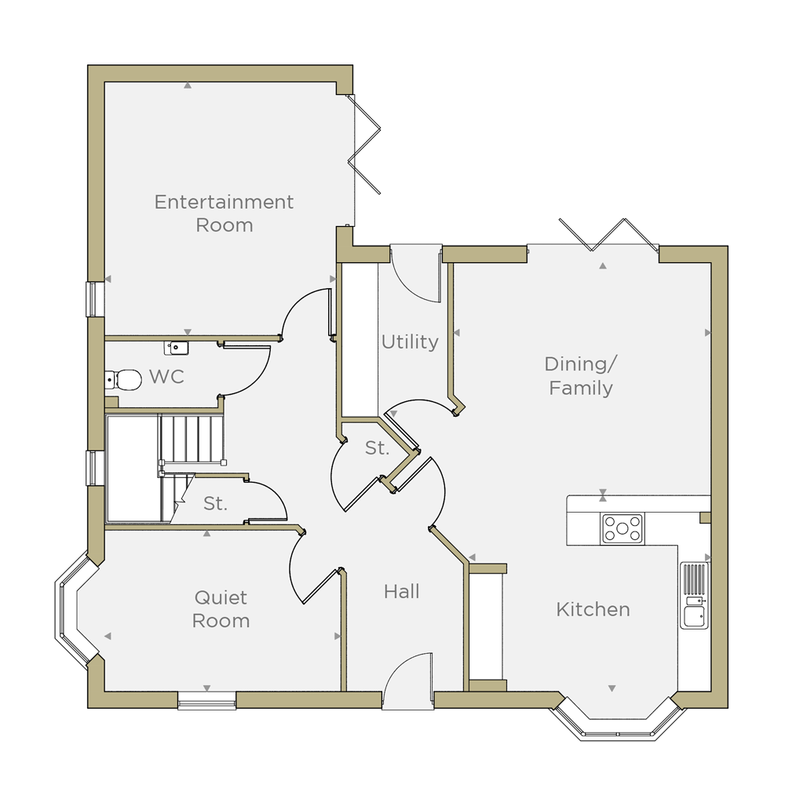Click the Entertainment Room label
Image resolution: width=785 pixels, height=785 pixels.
(x=224, y=214)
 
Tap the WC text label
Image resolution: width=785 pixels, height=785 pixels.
(x=166, y=377)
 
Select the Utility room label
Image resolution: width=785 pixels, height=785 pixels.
(x=410, y=342)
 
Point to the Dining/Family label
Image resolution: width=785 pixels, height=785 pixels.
(x=581, y=375)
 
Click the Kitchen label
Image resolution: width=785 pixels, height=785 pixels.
(x=593, y=609)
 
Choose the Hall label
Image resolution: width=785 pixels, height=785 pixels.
(x=401, y=591)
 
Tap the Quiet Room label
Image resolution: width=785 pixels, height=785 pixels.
(x=221, y=609)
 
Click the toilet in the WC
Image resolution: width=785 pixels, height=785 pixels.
(x=123, y=379)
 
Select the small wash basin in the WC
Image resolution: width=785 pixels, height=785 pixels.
(x=176, y=347)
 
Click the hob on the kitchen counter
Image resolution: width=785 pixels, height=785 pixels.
(x=623, y=528)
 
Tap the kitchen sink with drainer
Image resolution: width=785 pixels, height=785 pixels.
(x=695, y=595)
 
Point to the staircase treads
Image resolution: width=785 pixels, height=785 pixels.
(x=192, y=437)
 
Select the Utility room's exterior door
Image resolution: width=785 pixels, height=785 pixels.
(x=415, y=274)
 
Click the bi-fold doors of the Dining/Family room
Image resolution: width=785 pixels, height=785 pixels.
(x=609, y=234)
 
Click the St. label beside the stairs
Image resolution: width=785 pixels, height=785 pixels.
(x=215, y=503)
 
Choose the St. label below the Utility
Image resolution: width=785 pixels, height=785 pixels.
(x=377, y=447)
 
